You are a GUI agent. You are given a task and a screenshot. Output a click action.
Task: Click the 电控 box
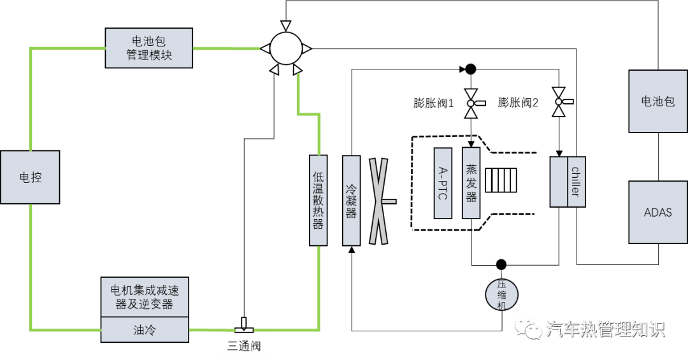point(30,177)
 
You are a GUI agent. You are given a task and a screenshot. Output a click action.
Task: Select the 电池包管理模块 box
point(148,48)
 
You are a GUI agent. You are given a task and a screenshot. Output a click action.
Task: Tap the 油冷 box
point(145,329)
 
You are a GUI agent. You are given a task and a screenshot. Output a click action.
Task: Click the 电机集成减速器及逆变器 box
point(145,297)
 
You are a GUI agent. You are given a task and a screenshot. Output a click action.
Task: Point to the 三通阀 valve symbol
point(243,326)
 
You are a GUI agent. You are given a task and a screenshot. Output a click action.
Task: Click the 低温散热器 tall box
point(318,200)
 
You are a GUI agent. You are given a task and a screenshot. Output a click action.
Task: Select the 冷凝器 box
point(351,200)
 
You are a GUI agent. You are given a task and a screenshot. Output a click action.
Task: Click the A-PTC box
point(443,183)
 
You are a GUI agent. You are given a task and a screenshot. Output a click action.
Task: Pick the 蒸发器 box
point(471,183)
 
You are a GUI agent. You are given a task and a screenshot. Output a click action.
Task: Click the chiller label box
point(577,182)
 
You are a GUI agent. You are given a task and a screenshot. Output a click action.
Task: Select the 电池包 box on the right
point(657,101)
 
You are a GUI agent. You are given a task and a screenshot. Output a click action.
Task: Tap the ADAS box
point(657,212)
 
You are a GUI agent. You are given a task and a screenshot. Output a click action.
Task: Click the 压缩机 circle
point(501,294)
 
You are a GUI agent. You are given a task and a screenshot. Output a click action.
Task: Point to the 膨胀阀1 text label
point(434,103)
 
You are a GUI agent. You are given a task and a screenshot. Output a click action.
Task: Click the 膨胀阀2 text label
point(518,103)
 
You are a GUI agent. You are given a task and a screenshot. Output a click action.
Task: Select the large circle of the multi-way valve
point(285,48)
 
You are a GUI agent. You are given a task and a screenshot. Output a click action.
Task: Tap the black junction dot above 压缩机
point(501,264)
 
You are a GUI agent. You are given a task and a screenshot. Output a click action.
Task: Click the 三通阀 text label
point(244,346)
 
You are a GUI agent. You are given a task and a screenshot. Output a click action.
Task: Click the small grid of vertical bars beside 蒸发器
point(501,180)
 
